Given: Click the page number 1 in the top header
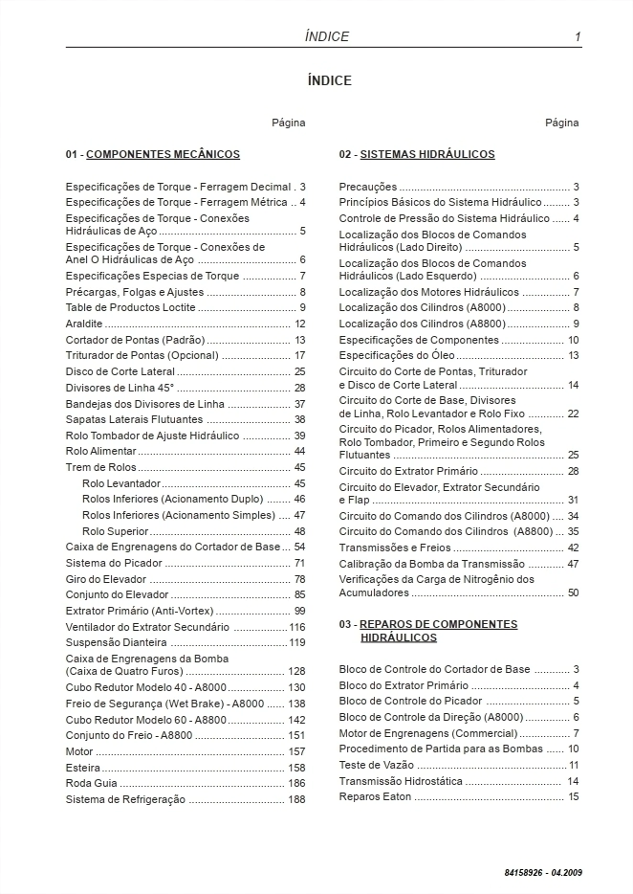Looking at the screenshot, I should [578, 36].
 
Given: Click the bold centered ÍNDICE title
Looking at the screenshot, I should [329, 80].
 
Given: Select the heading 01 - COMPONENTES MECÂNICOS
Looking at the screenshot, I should [153, 154].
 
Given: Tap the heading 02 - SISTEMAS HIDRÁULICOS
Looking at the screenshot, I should [417, 154].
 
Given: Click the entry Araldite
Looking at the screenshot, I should [84, 324].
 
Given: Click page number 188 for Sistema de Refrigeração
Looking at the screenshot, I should [296, 799].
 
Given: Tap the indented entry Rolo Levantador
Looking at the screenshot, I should [121, 483].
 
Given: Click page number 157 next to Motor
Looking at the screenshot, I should [296, 751].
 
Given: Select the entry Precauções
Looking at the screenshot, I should [368, 187].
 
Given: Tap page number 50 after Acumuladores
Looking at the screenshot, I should [573, 592].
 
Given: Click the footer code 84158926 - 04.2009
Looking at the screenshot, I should [543, 873].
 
